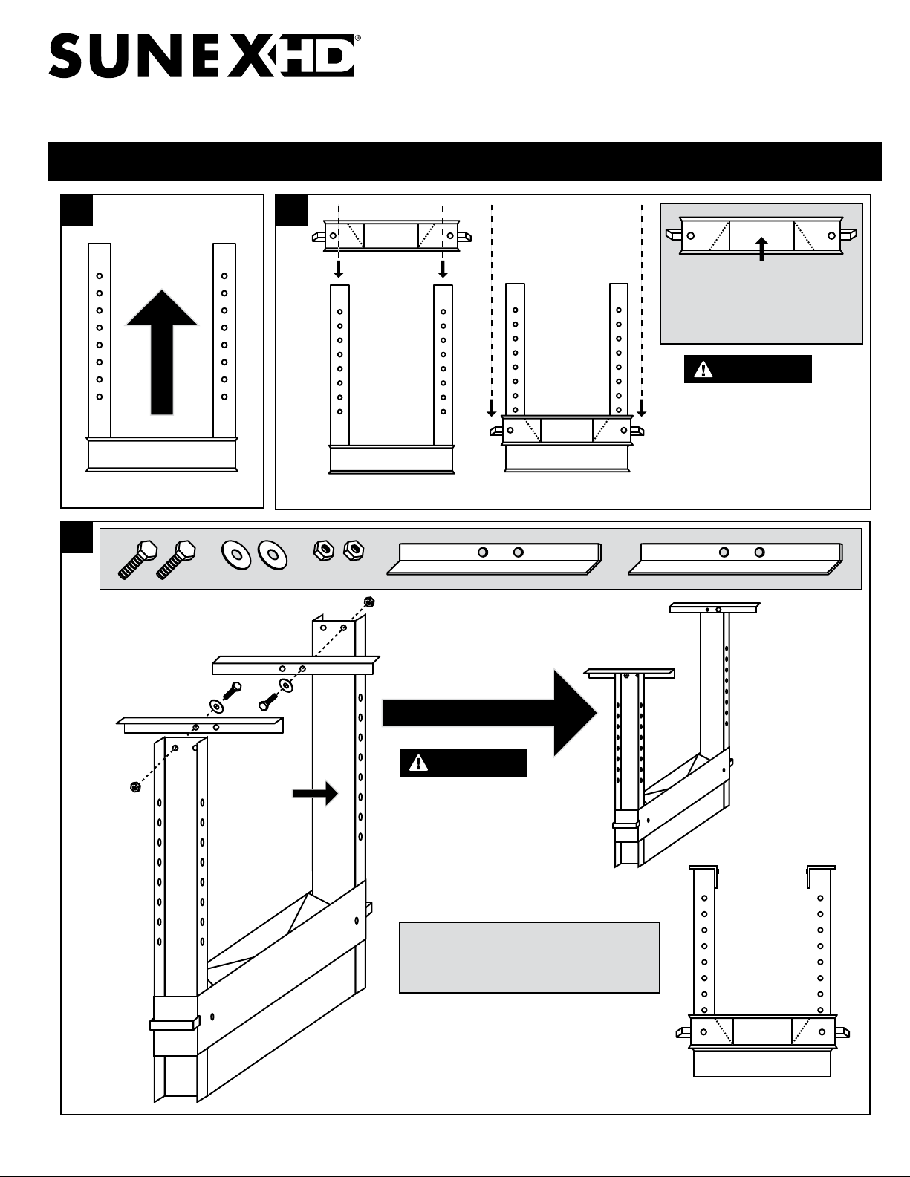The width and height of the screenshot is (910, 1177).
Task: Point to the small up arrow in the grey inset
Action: (761, 248)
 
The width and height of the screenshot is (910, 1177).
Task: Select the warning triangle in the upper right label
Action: (699, 370)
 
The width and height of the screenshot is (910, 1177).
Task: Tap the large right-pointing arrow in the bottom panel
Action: (490, 712)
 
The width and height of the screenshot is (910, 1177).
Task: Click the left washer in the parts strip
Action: (237, 554)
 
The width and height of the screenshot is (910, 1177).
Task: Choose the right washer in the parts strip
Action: (271, 554)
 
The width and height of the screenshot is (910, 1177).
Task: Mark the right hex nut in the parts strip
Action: (354, 550)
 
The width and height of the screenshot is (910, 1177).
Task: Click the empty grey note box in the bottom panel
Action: (529, 957)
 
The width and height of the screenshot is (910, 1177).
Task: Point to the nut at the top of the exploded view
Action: (367, 601)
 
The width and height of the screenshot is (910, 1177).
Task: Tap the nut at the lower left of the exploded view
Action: (134, 787)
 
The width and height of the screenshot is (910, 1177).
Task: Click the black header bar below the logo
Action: (464, 161)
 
